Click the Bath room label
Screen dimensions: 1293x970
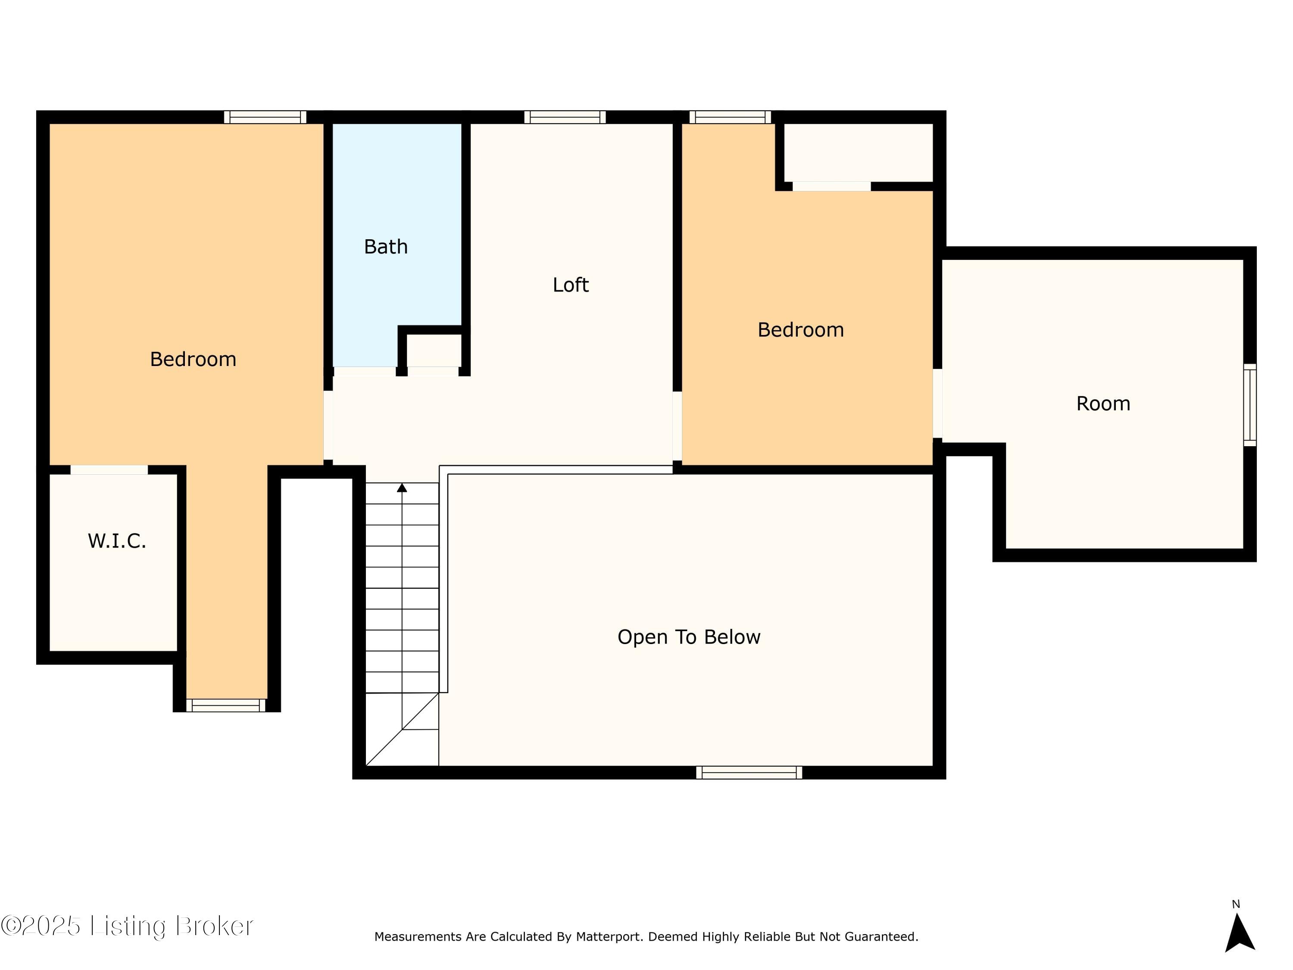(386, 247)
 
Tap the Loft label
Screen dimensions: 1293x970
(571, 285)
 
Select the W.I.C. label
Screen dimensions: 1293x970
(117, 541)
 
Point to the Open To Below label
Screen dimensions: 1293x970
(689, 637)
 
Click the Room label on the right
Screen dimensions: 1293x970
(1103, 404)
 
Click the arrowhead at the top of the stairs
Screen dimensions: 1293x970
(402, 488)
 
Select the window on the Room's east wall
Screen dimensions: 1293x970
(1249, 405)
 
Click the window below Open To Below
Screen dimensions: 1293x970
(749, 773)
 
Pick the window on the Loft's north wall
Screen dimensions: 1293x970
(565, 117)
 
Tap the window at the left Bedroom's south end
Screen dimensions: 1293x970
(226, 706)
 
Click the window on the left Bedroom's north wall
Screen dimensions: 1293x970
(265, 117)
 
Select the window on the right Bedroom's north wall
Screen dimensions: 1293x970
(730, 117)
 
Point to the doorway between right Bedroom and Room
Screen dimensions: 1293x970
(937, 404)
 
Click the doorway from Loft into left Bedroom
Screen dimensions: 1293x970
(328, 425)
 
